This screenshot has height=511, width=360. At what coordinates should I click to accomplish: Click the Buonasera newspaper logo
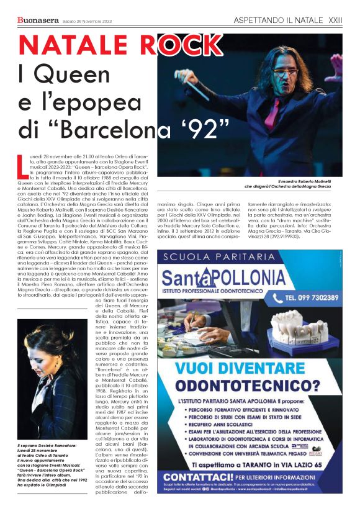pyautogui.click(x=38, y=20)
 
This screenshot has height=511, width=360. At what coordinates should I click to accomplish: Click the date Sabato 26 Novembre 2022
pyautogui.click(x=88, y=21)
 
